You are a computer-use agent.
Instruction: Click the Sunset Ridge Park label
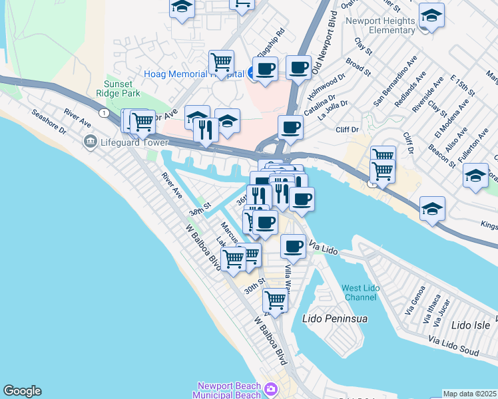tap(121, 90)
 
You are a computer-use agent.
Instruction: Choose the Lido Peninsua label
tap(335, 319)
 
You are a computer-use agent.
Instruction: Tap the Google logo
tap(22, 391)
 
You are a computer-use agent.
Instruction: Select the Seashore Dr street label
tap(49, 122)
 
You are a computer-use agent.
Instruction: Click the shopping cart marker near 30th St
tap(274, 300)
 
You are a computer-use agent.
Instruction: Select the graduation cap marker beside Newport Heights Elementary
tap(431, 15)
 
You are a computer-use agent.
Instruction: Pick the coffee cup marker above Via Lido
tap(293, 245)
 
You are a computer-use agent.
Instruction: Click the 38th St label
tap(199, 211)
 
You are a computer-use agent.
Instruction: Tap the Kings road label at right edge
tap(489, 226)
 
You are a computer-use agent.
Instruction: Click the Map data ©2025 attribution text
tap(470, 394)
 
